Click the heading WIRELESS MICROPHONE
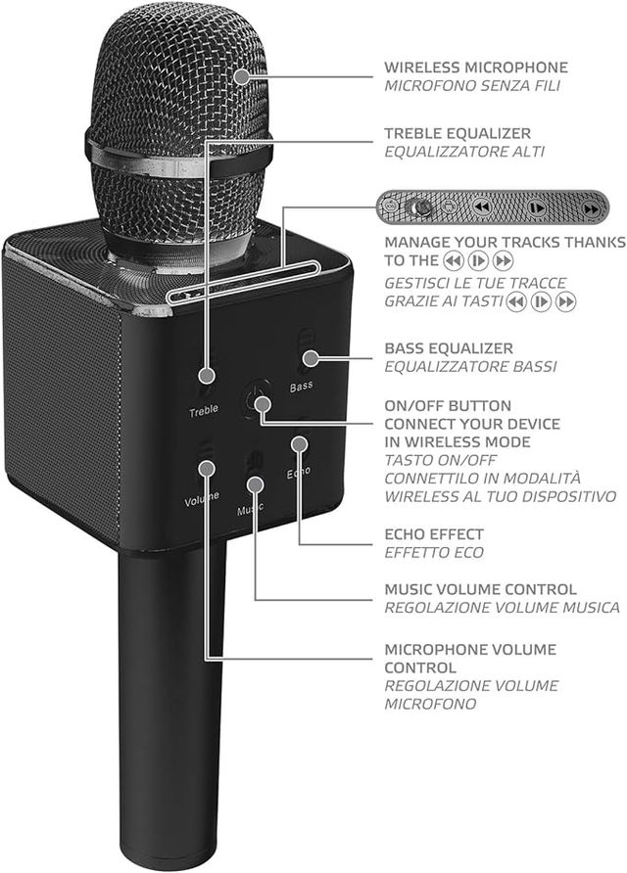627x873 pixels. (475, 68)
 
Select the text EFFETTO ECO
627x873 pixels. (433, 553)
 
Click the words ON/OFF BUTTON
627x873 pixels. (447, 405)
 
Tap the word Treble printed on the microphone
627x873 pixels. (204, 410)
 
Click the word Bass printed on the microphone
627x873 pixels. (302, 386)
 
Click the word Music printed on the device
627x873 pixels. (251, 510)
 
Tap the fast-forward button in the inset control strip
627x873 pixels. (591, 208)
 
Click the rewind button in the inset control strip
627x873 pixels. (481, 207)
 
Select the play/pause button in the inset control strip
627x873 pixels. (536, 208)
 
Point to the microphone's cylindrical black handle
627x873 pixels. (171, 705)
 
